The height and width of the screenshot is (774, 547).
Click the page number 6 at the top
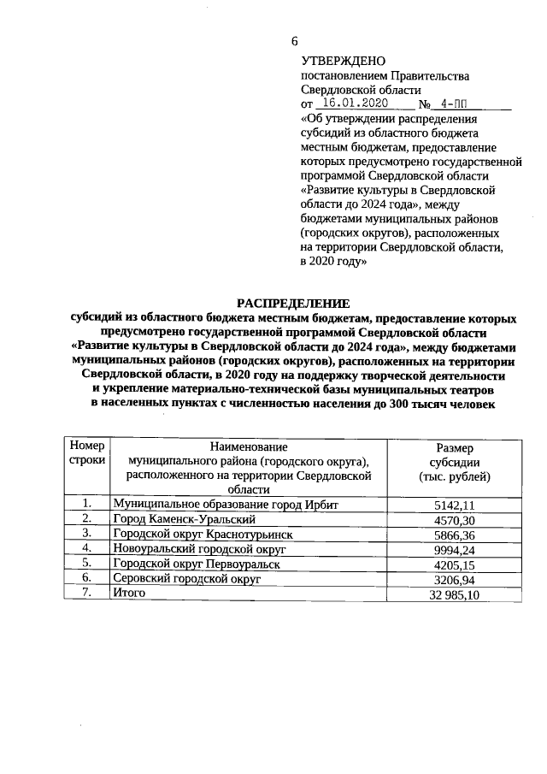(x=295, y=41)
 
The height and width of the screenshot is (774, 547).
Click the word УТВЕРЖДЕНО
(x=344, y=61)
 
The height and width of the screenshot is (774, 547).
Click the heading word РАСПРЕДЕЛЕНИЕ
(x=293, y=302)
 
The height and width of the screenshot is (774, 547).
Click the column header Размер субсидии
(x=461, y=461)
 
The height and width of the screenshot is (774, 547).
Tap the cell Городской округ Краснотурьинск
(x=203, y=534)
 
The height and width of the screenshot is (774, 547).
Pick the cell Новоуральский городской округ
(x=198, y=548)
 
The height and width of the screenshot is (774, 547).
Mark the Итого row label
(x=130, y=593)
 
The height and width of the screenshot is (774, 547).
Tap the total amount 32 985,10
(x=454, y=594)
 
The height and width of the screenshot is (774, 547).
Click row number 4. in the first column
(x=86, y=548)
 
